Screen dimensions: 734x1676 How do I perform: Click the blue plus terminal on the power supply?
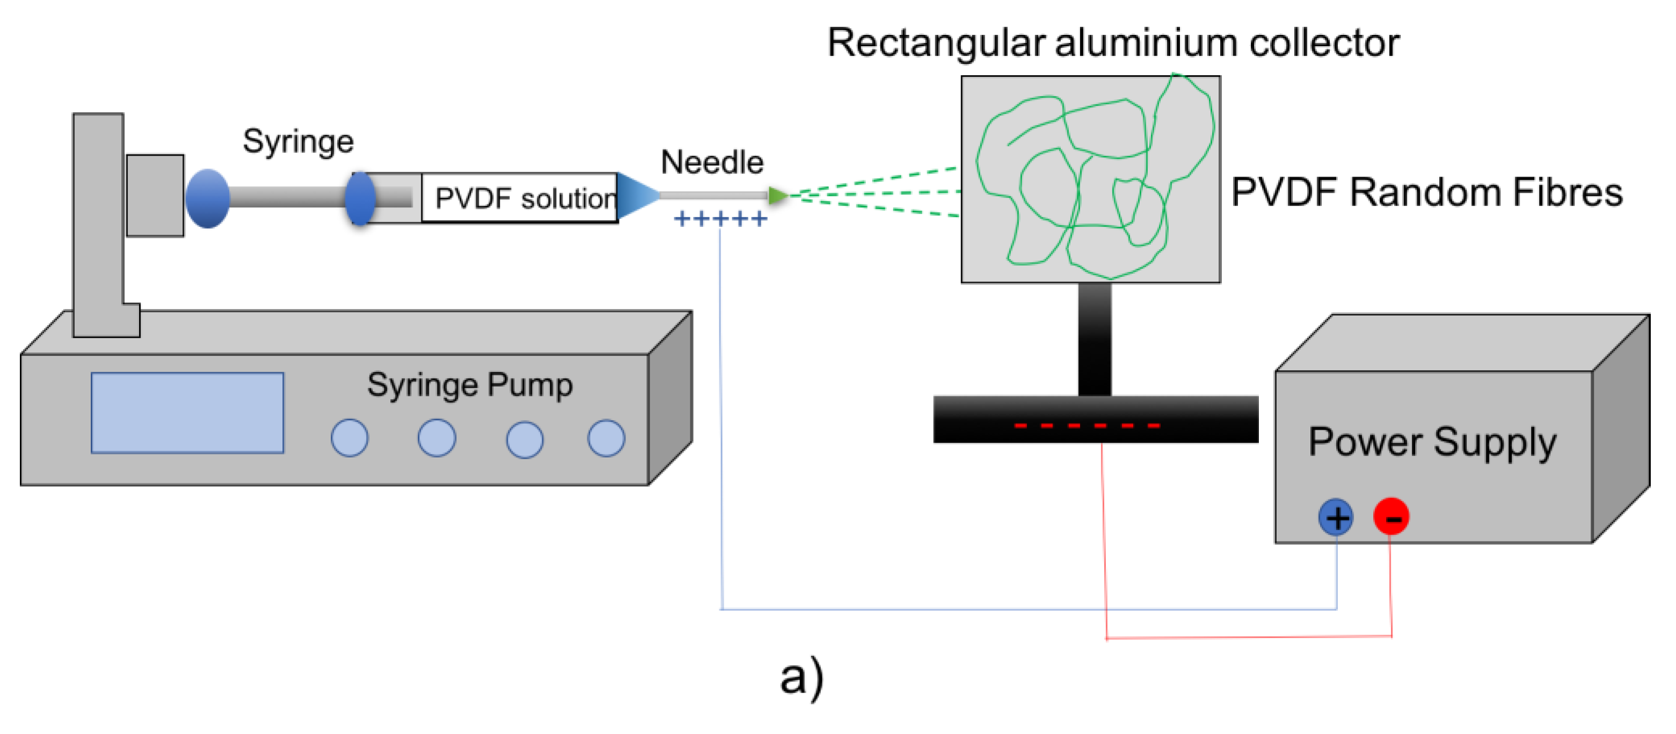(x=1336, y=518)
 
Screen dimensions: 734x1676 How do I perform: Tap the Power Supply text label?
(x=1432, y=443)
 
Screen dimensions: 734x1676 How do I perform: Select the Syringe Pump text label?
(x=470, y=385)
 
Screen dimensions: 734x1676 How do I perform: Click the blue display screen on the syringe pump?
(x=187, y=413)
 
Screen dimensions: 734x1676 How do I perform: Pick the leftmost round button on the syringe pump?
(x=349, y=438)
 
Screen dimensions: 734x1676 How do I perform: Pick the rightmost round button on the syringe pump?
(x=606, y=438)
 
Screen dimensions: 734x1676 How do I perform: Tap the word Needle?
(x=712, y=162)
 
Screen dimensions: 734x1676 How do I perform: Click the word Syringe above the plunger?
(x=298, y=141)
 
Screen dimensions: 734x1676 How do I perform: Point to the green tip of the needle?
(x=777, y=195)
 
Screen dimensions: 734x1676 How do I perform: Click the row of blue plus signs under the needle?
(x=720, y=219)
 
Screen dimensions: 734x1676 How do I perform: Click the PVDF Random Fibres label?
(x=1426, y=193)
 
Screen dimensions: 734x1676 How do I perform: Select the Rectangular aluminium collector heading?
(x=1112, y=43)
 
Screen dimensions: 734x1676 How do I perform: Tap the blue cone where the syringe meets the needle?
(x=636, y=195)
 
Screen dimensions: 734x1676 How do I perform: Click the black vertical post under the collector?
(x=1095, y=340)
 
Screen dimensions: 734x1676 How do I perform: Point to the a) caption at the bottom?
(x=801, y=678)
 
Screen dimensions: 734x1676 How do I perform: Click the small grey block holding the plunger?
(x=155, y=195)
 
